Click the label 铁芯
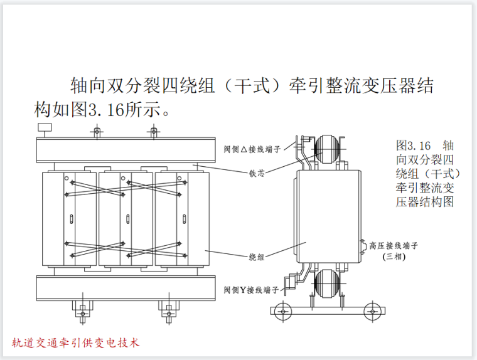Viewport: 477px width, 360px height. pyautogui.click(x=257, y=173)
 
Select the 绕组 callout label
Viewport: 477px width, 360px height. pyautogui.click(x=257, y=257)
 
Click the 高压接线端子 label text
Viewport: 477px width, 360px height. pyautogui.click(x=394, y=245)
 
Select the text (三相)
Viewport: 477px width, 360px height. pyautogui.click(x=395, y=257)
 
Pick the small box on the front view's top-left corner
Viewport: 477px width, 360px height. pyautogui.click(x=45, y=127)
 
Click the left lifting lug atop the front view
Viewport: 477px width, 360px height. pyautogui.click(x=97, y=131)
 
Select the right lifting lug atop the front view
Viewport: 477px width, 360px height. pyautogui.click(x=153, y=131)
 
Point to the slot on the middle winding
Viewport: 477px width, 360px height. pyautogui.click(x=128, y=219)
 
